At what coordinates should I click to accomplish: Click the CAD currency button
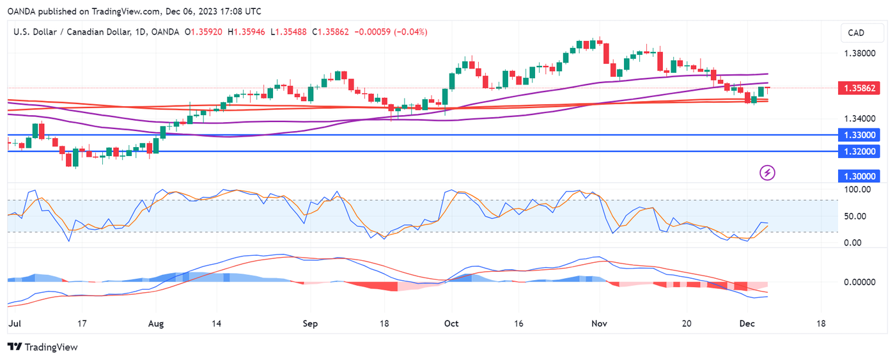coord(856,33)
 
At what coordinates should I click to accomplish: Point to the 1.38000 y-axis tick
coord(856,54)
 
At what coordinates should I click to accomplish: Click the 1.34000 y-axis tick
coord(856,119)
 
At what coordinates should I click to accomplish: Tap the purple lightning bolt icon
coord(768,173)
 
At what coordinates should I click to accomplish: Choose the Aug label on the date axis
coord(157,324)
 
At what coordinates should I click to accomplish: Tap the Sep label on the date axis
coord(310,324)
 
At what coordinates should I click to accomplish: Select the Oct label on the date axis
coord(451,324)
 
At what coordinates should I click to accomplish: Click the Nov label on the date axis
coord(599,324)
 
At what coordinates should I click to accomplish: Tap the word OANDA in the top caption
coord(21,12)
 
